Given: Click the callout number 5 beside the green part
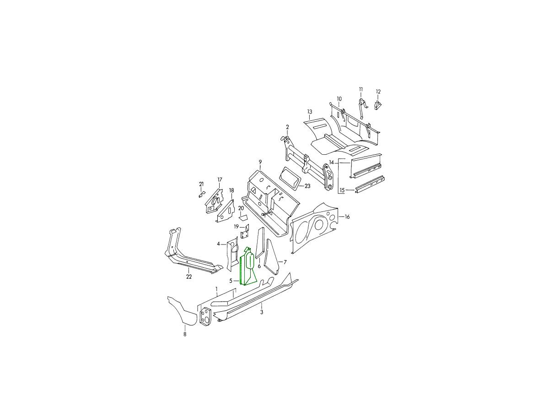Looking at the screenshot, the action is (x=231, y=281).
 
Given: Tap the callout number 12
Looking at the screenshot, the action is (x=378, y=92).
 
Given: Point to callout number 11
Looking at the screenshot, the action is (x=361, y=89).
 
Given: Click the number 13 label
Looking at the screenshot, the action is (x=310, y=112).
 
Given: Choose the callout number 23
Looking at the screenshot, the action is (x=307, y=186).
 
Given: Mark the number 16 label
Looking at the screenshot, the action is (x=347, y=217).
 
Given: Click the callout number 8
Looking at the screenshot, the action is (x=185, y=334).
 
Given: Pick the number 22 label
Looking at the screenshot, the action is (x=189, y=276).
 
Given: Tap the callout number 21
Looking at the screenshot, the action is (x=201, y=184).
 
